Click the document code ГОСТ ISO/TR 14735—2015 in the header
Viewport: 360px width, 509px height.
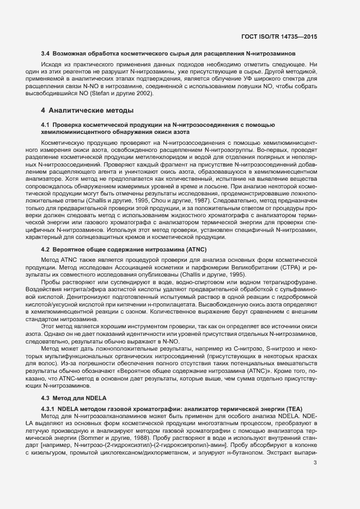pos(278,36)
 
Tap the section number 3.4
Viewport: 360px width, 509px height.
pos(46,54)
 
